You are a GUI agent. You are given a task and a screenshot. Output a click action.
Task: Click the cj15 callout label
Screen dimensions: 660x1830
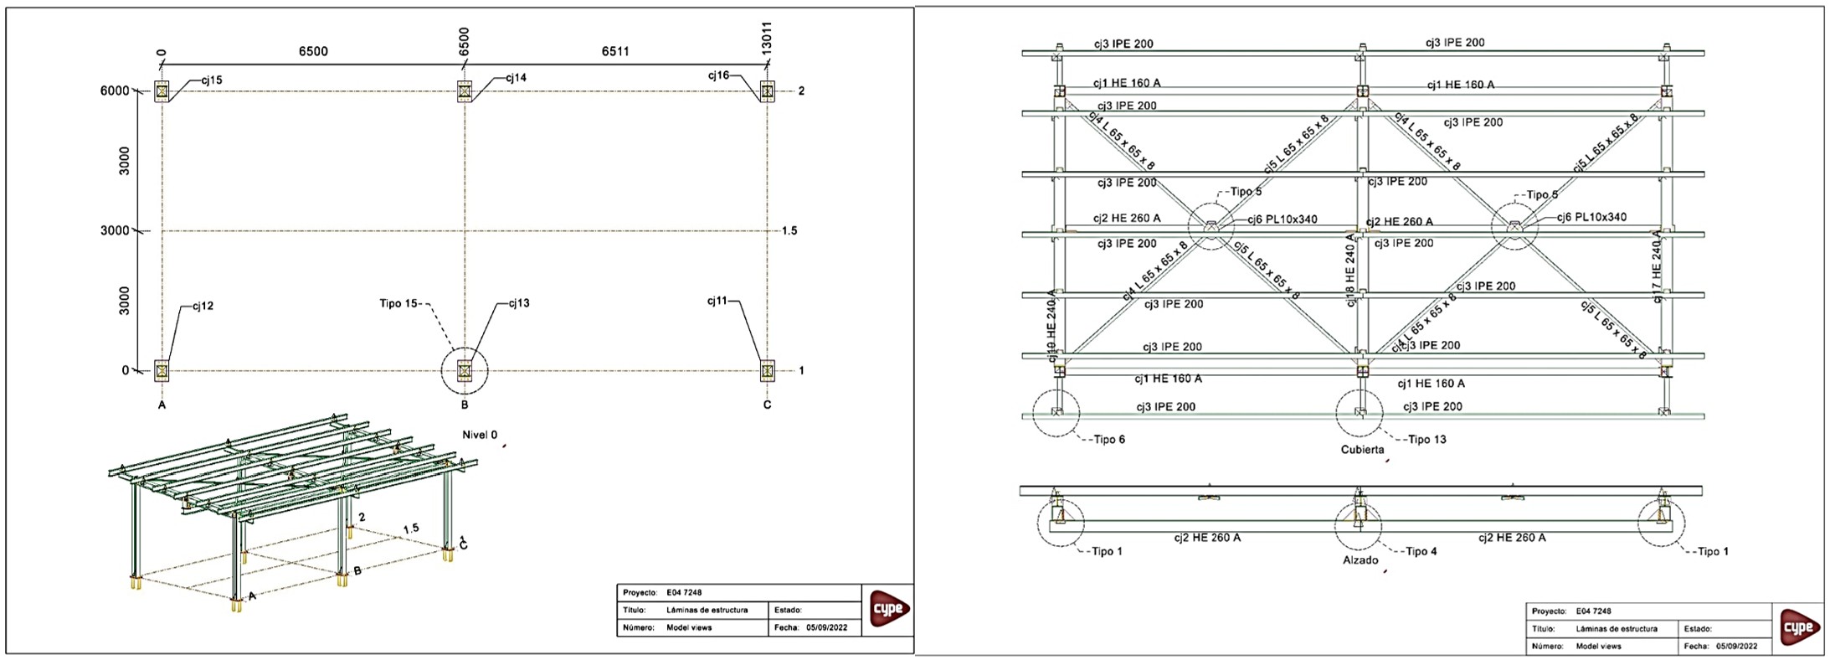tap(212, 80)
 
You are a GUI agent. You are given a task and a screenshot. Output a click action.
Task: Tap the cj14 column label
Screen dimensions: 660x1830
tap(516, 78)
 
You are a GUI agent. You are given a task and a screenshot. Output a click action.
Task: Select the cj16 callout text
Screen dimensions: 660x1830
tap(718, 75)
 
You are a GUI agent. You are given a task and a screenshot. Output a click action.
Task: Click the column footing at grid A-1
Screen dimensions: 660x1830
tap(162, 370)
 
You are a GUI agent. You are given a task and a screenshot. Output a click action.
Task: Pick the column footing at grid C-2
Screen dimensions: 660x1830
tap(767, 90)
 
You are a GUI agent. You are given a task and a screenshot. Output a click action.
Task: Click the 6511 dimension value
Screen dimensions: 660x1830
tap(615, 52)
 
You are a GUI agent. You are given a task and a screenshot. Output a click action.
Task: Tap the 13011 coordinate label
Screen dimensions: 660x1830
tap(767, 38)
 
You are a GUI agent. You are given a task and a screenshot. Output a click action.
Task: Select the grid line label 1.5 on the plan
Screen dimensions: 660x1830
tap(789, 230)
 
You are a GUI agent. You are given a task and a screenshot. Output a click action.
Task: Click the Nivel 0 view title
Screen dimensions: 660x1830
tap(480, 435)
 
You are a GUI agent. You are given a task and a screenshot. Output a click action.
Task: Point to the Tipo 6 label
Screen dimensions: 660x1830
tap(1109, 440)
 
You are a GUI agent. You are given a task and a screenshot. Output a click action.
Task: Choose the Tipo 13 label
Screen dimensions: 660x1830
tap(1426, 440)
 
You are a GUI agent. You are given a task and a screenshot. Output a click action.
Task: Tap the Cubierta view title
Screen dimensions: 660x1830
tap(1362, 450)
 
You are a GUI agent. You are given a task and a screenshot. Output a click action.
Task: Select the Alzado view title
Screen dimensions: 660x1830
tap(1360, 560)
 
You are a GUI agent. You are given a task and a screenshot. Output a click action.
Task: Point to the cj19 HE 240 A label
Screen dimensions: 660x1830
tap(1051, 326)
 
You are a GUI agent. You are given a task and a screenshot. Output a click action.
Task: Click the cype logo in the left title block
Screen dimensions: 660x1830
tap(888, 609)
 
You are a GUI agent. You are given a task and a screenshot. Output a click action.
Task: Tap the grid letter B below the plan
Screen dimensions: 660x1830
tap(465, 405)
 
